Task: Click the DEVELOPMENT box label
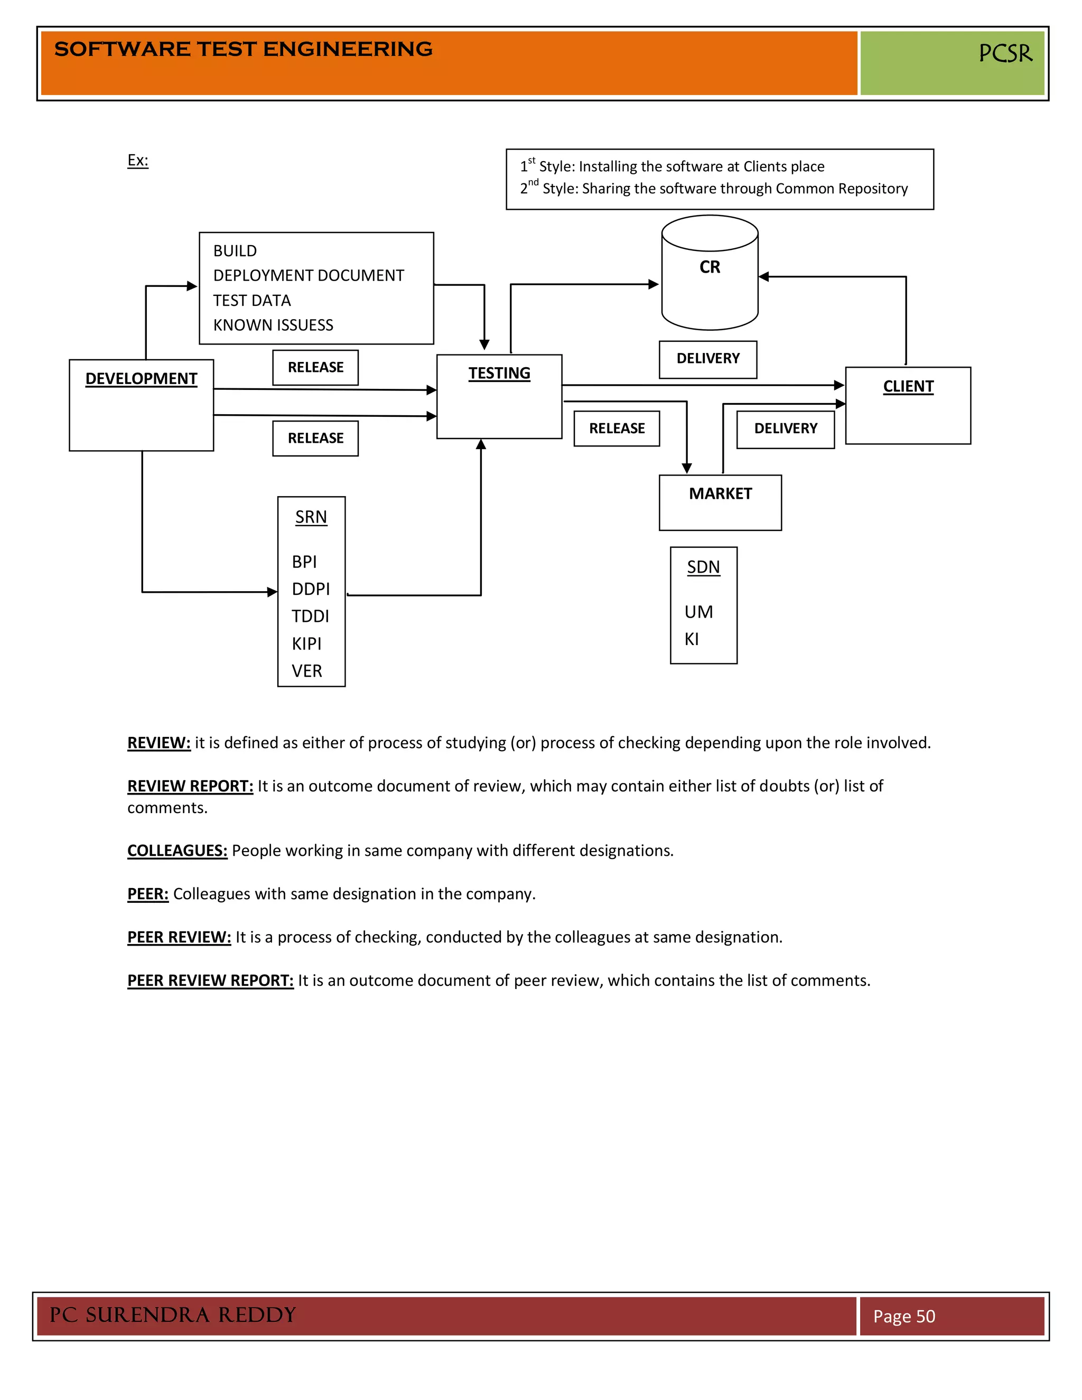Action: pos(141,379)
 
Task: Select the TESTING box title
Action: pos(499,373)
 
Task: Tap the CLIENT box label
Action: pos(908,387)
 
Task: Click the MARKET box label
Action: pos(720,493)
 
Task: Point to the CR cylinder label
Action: pos(710,267)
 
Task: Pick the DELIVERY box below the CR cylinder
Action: pos(707,359)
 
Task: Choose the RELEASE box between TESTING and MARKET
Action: pos(617,429)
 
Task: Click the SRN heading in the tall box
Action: pos(311,517)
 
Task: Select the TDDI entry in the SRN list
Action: pos(310,617)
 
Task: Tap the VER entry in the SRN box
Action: pos(306,671)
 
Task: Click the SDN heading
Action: pos(703,567)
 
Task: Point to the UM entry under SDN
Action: pos(698,612)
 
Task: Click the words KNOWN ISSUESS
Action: pos(273,325)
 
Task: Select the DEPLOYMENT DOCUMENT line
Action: pos(309,276)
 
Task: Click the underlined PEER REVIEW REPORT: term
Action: pos(210,981)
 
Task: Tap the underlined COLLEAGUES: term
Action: pos(177,851)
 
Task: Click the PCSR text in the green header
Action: pos(1005,54)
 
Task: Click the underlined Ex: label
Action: pos(138,160)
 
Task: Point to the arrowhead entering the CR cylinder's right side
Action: pos(764,277)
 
